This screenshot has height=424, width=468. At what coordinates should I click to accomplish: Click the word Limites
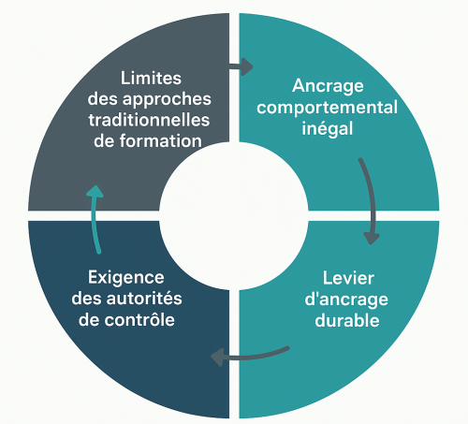(151, 78)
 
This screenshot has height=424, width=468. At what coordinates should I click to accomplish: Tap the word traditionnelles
(149, 120)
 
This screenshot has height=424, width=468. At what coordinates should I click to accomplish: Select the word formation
(161, 141)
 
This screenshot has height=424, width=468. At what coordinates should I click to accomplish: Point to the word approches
(167, 100)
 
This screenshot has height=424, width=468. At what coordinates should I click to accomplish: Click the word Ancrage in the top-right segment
(328, 86)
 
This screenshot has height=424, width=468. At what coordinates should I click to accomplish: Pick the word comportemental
(327, 108)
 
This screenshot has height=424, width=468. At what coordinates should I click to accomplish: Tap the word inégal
(328, 128)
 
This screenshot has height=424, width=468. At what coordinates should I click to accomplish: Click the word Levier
(348, 278)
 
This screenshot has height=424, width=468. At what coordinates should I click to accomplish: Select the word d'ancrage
(346, 300)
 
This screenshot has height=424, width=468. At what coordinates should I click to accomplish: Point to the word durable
(347, 320)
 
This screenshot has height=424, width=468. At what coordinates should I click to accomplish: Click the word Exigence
(126, 277)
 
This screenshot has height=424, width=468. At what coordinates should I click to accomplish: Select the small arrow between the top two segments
(241, 66)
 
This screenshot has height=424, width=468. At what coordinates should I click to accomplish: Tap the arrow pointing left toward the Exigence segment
(250, 357)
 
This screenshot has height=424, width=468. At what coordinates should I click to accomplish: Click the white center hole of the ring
(234, 216)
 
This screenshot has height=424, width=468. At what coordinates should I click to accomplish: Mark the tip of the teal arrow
(95, 185)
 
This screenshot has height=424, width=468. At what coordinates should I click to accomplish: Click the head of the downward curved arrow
(372, 239)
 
